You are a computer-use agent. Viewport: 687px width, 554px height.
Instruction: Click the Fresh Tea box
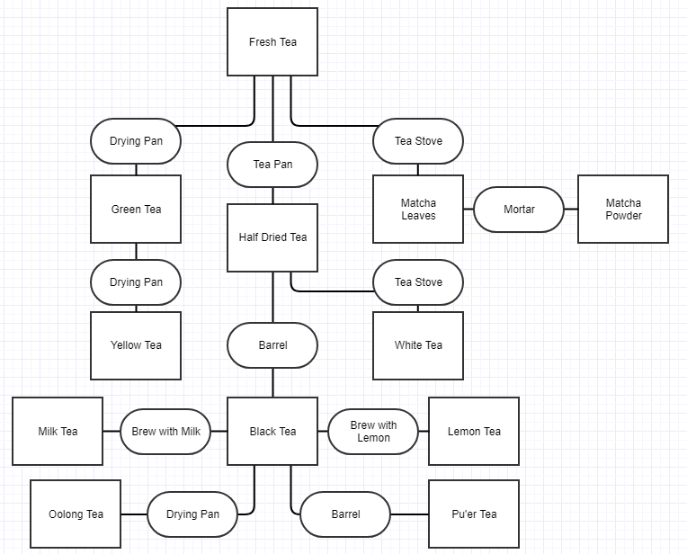[272, 42]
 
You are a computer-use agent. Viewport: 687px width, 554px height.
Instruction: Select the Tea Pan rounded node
[272, 165]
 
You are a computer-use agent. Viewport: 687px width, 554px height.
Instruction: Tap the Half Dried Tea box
[272, 237]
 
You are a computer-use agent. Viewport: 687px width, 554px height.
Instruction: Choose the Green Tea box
[136, 210]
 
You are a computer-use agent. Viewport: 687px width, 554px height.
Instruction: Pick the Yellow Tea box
[136, 345]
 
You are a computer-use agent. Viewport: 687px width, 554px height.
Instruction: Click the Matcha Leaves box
[418, 210]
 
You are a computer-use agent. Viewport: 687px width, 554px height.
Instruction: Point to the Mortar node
[519, 210]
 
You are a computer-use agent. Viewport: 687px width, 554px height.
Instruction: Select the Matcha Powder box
[623, 210]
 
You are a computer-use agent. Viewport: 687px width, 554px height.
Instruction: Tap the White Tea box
[418, 345]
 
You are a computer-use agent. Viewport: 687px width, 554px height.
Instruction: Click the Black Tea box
[272, 432]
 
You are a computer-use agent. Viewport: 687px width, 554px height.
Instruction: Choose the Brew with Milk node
[165, 432]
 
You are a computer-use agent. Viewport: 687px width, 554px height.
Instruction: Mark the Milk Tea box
[58, 432]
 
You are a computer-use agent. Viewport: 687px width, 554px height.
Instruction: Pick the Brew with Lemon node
[373, 432]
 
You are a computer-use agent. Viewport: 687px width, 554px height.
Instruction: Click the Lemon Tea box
[474, 432]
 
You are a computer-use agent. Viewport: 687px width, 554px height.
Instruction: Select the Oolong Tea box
[76, 514]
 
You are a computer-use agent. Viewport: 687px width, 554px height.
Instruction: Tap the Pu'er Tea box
[474, 514]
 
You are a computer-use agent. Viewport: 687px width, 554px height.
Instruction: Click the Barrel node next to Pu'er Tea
[345, 514]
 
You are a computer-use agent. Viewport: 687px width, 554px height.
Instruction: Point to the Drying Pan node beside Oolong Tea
[192, 514]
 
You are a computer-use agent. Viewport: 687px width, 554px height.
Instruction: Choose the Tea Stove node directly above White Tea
[418, 282]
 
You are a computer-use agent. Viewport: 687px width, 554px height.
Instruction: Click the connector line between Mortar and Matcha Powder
[571, 210]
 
